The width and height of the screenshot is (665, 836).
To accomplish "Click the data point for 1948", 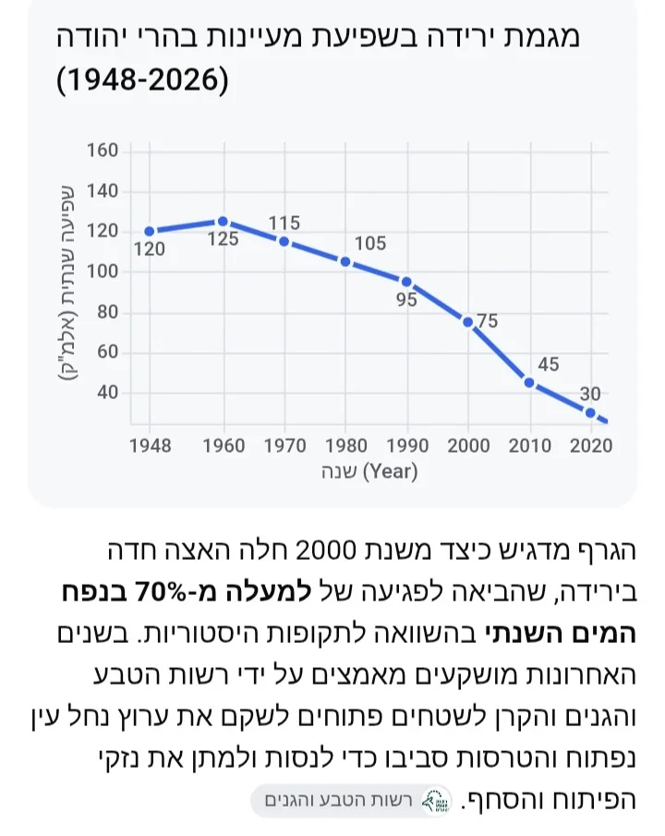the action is [150, 231].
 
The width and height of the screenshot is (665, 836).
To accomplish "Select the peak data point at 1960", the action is [224, 222].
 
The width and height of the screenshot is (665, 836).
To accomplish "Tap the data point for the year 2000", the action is [467, 322].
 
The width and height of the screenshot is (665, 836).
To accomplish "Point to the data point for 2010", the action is [529, 382].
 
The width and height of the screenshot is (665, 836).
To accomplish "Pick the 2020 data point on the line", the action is [590, 413].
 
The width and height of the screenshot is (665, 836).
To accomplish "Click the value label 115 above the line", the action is [284, 223].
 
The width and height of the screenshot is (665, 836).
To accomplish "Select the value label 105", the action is [370, 243].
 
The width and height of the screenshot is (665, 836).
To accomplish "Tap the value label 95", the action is [406, 299].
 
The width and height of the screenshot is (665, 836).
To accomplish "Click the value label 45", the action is [549, 364].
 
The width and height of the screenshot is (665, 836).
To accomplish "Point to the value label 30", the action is [590, 394].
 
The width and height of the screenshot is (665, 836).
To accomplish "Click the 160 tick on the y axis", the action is [103, 151].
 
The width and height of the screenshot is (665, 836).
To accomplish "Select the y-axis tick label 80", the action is [107, 312].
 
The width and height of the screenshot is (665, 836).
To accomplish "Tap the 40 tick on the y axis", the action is [107, 393].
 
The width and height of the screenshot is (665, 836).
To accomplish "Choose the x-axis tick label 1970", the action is [284, 446].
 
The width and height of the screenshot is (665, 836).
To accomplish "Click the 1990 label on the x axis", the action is [407, 446].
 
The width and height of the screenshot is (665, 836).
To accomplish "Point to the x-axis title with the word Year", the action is [369, 471].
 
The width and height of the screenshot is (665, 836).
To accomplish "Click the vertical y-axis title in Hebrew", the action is [67, 282].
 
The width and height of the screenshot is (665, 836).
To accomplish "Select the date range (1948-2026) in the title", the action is [142, 79].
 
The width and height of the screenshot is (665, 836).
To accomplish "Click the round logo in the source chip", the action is [436, 801].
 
